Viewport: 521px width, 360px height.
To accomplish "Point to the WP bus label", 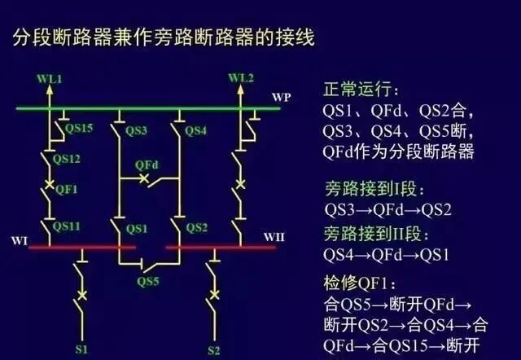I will (x=281, y=97).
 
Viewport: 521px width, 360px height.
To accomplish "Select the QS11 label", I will (x=67, y=223).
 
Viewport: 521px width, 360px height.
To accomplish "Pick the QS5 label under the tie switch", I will (x=148, y=281).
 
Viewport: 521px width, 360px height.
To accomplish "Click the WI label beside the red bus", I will (x=20, y=241).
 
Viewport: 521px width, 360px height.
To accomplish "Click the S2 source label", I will (x=214, y=351).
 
